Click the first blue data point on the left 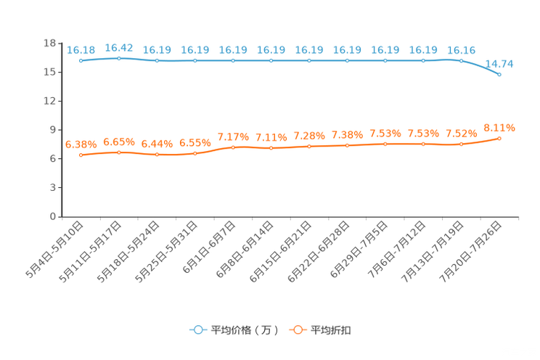[x=81, y=61]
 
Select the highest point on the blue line [x=119, y=57]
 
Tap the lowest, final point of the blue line [x=499, y=74]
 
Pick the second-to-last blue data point [x=461, y=60]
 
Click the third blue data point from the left [x=157, y=60]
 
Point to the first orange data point [x=81, y=155]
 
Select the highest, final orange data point [x=499, y=138]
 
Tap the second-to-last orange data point [x=461, y=144]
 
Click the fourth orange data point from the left [x=195, y=153]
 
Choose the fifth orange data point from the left [x=233, y=147]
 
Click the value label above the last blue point [x=499, y=63]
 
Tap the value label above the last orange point [x=499, y=128]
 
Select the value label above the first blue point [x=81, y=49]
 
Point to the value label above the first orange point [x=81, y=144]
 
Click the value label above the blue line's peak [x=119, y=46]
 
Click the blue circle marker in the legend [x=197, y=330]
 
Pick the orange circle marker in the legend [x=296, y=330]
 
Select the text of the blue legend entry [x=243, y=330]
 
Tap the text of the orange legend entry [x=332, y=330]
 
